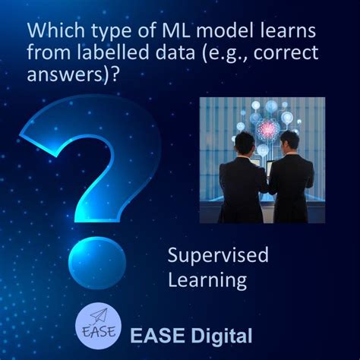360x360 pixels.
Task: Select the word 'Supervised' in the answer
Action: pos(218,255)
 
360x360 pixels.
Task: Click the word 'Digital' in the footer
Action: pos(223,334)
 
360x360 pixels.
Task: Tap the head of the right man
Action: pos(289,141)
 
